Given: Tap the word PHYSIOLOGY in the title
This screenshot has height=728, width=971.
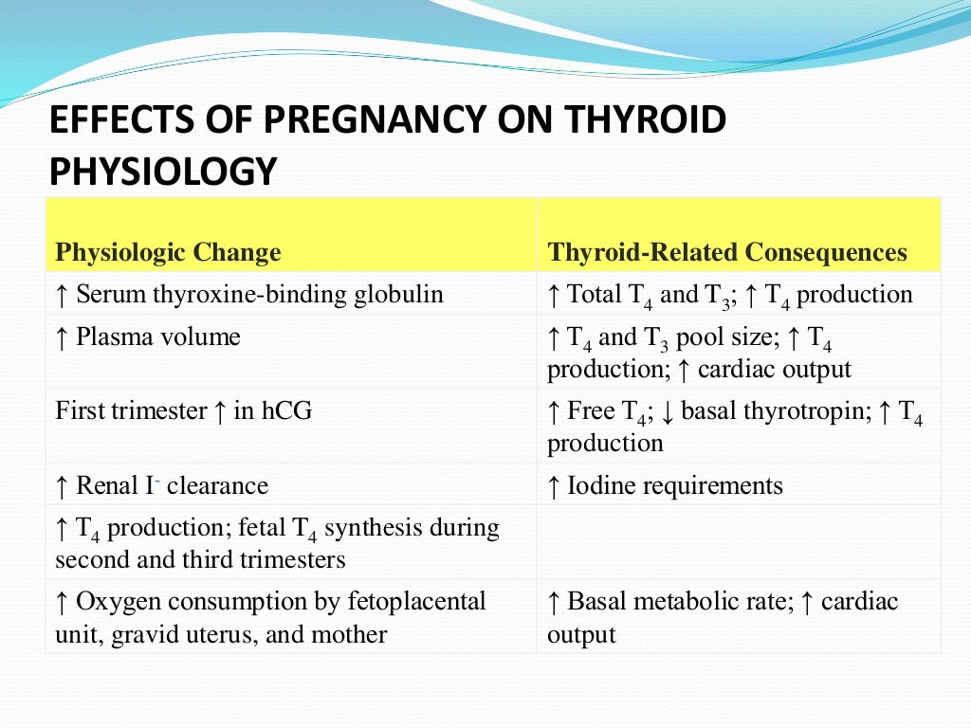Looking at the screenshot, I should (x=162, y=173).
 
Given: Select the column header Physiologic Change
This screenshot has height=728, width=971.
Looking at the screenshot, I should (x=168, y=253).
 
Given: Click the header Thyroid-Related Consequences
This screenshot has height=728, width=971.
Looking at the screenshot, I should (x=726, y=253).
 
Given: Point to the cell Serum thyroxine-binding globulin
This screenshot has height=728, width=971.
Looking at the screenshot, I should (x=249, y=294).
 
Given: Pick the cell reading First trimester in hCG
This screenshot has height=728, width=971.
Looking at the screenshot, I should (x=184, y=410).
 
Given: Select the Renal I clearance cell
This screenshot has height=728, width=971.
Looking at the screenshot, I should (x=161, y=486).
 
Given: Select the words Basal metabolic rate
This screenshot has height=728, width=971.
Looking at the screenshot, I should (x=672, y=601).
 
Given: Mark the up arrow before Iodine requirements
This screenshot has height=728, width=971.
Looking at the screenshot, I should (x=554, y=486).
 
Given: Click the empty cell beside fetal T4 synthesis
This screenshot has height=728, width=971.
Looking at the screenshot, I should (x=738, y=540).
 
